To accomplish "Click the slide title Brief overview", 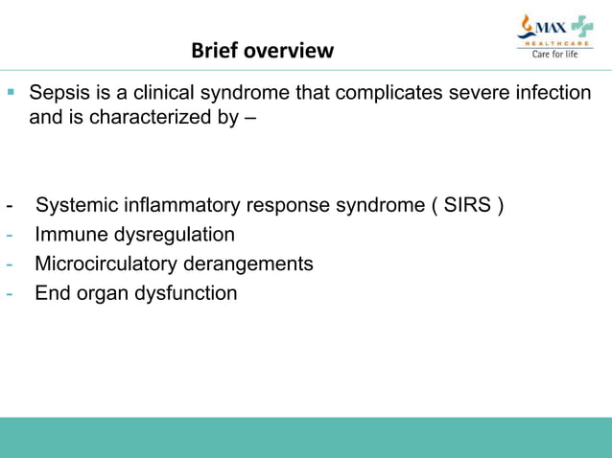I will click(262, 50).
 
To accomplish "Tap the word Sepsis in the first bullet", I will click(59, 94).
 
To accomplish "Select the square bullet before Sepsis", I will click(12, 93).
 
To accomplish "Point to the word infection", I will click(551, 94).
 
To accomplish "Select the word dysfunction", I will click(188, 293).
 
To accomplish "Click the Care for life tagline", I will click(555, 55).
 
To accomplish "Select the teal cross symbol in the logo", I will click(581, 26).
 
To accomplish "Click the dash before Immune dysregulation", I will click(9, 235).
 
